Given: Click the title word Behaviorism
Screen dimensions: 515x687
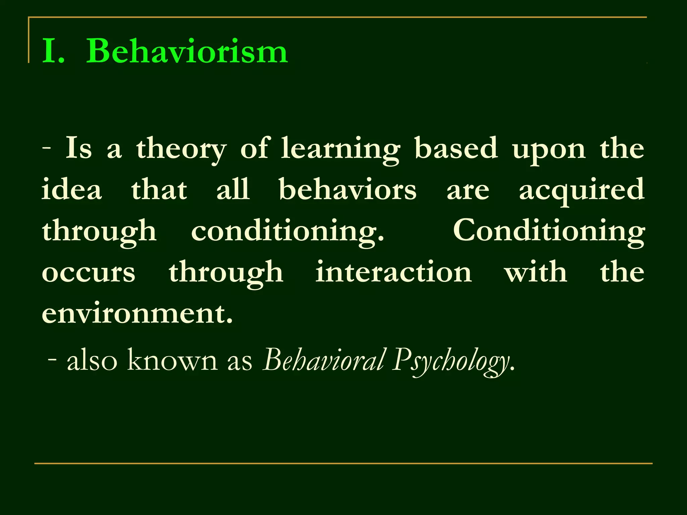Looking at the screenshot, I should (187, 51).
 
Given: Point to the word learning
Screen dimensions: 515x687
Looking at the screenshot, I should (340, 149).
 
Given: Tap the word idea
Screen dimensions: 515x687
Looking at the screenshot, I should (72, 189).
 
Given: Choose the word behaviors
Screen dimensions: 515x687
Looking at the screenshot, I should (348, 189).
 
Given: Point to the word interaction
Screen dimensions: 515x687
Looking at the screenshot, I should (393, 272).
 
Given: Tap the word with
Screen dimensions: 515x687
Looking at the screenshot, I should (536, 272).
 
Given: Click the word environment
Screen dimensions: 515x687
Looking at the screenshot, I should (137, 313).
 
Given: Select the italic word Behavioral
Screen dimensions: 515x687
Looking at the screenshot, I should (324, 360).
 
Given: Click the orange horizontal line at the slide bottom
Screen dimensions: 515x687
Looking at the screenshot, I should (343, 463).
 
